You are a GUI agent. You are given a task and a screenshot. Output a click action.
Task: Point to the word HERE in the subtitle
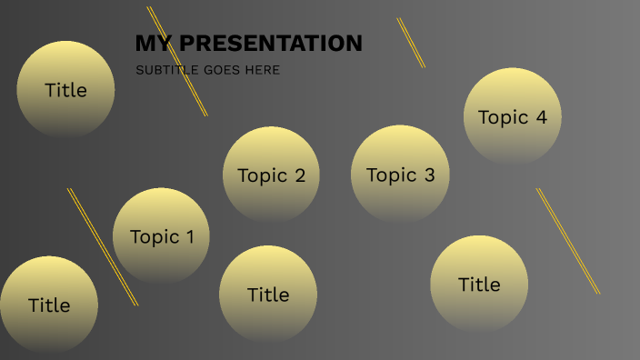tap(262, 70)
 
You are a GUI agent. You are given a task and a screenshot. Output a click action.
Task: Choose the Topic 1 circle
tap(161, 235)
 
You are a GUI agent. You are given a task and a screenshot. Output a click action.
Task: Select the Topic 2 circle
tap(271, 174)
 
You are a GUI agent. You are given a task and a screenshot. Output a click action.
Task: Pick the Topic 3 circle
tap(400, 174)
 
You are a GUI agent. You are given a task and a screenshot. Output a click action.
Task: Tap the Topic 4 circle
tap(512, 115)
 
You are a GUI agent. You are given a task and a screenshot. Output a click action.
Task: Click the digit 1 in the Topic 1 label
tap(189, 237)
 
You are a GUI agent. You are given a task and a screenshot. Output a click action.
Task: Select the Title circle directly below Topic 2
tap(268, 295)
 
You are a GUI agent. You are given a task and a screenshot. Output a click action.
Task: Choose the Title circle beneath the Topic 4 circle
tap(479, 284)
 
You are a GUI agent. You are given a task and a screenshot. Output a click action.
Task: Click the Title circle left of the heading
tap(65, 89)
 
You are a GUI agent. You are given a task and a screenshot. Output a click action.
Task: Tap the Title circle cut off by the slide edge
tap(48, 305)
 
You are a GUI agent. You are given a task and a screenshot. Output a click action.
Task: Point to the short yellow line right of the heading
tap(411, 42)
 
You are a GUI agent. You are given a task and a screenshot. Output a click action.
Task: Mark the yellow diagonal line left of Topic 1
tap(102, 246)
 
